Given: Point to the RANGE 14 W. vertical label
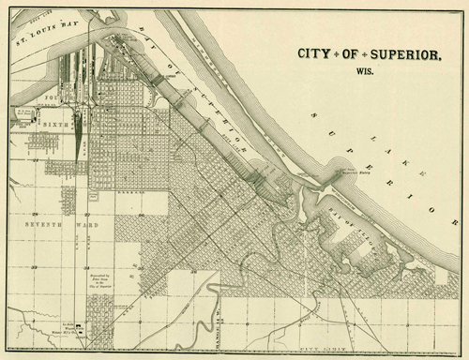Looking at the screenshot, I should coord(214,327).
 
